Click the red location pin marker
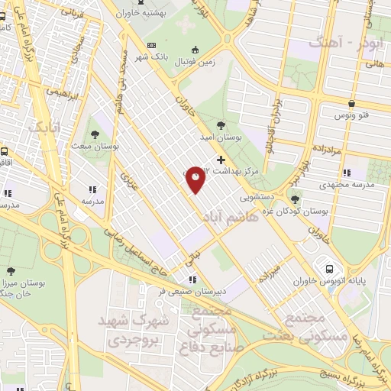(x=195, y=179)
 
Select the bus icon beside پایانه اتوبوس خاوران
(x=330, y=269)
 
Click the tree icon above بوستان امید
(x=221, y=123)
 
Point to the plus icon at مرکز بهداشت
(x=221, y=160)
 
